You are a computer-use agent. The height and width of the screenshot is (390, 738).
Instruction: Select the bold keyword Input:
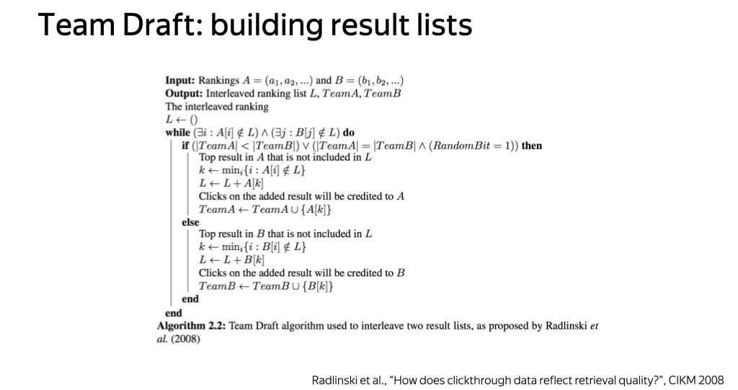pos(179,81)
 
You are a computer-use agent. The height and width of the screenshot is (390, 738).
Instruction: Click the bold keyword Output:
pos(184,93)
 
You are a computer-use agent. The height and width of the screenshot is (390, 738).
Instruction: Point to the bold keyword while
pos(177,133)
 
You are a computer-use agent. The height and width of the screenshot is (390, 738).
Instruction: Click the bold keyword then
pos(532,146)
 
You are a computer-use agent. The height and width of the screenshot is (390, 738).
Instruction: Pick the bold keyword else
pos(190,222)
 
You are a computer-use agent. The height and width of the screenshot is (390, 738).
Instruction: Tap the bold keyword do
pos(349,133)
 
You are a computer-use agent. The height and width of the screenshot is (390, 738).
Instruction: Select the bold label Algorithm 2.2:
pos(192,326)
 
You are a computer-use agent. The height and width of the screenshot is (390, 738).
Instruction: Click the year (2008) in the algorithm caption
pos(185,339)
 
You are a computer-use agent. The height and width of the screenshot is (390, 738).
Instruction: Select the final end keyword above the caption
pos(174,313)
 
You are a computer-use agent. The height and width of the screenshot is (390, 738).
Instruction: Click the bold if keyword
pos(185,146)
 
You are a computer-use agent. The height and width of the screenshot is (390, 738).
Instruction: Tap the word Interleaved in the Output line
pos(228,93)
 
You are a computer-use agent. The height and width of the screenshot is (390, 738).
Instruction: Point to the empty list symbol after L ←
pos(193,120)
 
